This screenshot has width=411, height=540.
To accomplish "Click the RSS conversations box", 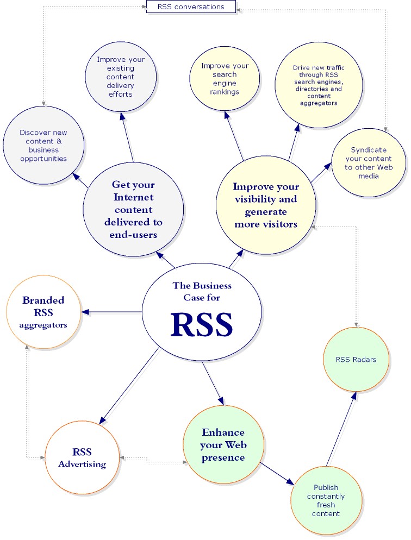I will click(x=191, y=7).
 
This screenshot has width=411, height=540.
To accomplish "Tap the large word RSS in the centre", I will click(x=202, y=324).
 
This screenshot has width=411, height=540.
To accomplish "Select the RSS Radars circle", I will click(x=357, y=360).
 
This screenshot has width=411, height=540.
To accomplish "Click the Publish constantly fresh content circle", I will click(x=326, y=500).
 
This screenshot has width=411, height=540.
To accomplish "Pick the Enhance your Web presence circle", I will click(x=223, y=445).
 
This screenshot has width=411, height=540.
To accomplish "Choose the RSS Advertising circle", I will click(x=82, y=457).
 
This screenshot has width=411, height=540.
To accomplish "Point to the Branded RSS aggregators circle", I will click(x=43, y=312).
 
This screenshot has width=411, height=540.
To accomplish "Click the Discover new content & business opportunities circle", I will click(x=43, y=145).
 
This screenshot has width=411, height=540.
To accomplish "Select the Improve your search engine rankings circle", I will click(x=225, y=79).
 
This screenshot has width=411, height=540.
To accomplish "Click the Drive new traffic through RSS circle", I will click(x=319, y=85).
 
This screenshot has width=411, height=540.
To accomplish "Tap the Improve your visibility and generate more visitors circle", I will click(x=266, y=205).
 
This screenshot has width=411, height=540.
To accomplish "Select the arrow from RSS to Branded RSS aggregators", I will click(x=111, y=312).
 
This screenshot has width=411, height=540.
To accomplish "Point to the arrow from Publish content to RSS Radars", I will click(x=341, y=429).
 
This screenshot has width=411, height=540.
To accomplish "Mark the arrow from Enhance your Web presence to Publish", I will click(x=277, y=472).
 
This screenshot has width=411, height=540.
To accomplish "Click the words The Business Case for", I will click(x=202, y=292).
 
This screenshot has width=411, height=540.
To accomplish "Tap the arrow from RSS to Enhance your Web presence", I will click(x=213, y=382).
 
